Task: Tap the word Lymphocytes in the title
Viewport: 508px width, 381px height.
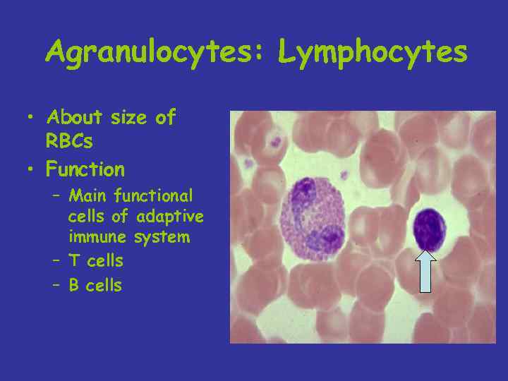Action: [x=372, y=52]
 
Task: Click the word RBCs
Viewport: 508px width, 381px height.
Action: [x=69, y=141]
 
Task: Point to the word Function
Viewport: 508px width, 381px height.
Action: [x=85, y=169]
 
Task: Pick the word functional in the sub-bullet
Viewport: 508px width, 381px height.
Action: [x=153, y=195]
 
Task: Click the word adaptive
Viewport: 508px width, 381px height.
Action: [x=170, y=215]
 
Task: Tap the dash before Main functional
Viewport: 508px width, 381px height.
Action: [x=56, y=195]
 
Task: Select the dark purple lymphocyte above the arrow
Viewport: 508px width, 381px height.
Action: [x=428, y=229]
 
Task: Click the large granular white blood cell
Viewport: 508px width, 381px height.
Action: [x=313, y=216]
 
